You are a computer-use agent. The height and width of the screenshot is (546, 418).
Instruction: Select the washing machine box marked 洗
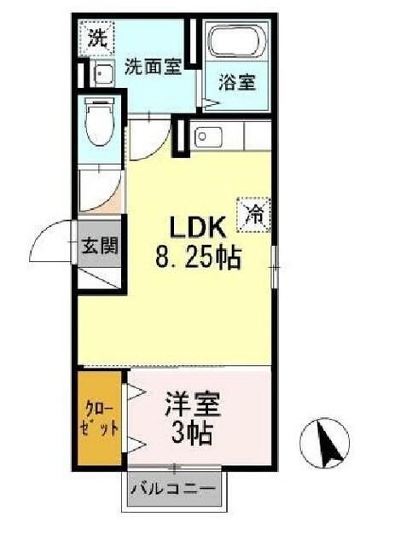tap(96, 38)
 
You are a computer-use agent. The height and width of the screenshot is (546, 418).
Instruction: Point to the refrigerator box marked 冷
tap(254, 215)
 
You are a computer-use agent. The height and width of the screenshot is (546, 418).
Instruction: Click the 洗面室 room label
tap(154, 66)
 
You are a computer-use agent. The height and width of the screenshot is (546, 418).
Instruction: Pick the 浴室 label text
tap(237, 83)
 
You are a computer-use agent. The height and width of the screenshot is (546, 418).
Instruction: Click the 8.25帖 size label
tap(198, 258)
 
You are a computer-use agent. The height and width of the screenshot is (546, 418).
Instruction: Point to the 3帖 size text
tap(192, 433)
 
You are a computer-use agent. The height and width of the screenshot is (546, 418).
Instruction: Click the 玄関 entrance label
tap(100, 246)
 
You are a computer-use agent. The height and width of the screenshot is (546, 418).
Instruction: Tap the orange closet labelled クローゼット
tap(99, 418)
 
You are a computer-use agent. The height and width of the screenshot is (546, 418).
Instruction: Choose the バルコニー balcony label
tap(173, 489)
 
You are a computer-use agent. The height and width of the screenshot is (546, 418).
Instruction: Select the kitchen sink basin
tap(208, 136)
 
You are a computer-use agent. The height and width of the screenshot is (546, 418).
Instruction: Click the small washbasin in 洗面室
tap(104, 73)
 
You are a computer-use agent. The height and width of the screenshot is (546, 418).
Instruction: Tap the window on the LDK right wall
tap(275, 267)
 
